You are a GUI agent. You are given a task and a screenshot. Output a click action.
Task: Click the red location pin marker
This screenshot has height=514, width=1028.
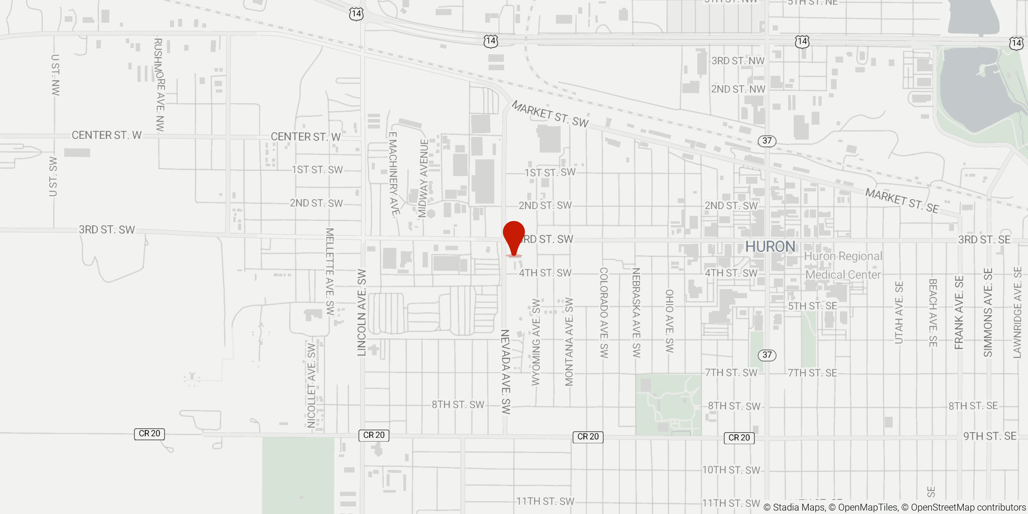click(x=514, y=236)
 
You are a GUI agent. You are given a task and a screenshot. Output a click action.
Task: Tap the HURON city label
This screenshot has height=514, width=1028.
click(x=770, y=247)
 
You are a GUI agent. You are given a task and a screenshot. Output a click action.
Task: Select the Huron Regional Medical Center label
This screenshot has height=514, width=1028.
click(x=843, y=266)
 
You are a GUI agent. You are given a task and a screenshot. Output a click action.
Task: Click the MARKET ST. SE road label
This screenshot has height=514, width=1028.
click(x=902, y=200)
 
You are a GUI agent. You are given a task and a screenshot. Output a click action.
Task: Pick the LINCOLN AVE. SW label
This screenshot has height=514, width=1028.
click(x=362, y=313)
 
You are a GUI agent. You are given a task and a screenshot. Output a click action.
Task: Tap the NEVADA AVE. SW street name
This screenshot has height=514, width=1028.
click(x=506, y=372)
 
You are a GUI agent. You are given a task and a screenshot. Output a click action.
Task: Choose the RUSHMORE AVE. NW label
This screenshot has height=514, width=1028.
click(x=159, y=85)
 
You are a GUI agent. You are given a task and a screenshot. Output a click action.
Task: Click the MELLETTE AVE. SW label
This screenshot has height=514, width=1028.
click(x=329, y=272)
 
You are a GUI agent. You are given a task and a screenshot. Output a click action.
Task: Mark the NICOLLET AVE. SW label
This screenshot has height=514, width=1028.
click(x=311, y=385)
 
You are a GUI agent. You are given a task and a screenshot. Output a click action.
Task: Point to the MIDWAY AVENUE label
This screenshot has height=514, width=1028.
click(x=423, y=178)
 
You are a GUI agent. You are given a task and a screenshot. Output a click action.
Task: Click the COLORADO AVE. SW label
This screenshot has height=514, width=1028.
click(x=604, y=313)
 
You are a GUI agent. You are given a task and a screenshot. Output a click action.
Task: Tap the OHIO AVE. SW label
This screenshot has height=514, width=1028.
click(x=669, y=321)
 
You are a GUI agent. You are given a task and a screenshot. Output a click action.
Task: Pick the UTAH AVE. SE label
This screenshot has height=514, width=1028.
click(x=899, y=313)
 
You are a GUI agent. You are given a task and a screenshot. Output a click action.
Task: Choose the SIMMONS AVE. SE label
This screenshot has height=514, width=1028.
click(x=988, y=313)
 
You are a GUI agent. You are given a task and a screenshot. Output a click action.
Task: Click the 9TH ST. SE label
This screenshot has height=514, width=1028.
click(x=990, y=436)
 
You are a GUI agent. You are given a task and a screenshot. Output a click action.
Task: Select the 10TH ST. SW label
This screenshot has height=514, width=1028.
click(x=731, y=470)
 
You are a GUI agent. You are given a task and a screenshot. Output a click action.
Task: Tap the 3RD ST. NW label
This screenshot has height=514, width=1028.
click(x=738, y=61)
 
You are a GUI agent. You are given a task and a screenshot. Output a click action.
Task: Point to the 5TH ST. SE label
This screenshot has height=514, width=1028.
click(x=813, y=306)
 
